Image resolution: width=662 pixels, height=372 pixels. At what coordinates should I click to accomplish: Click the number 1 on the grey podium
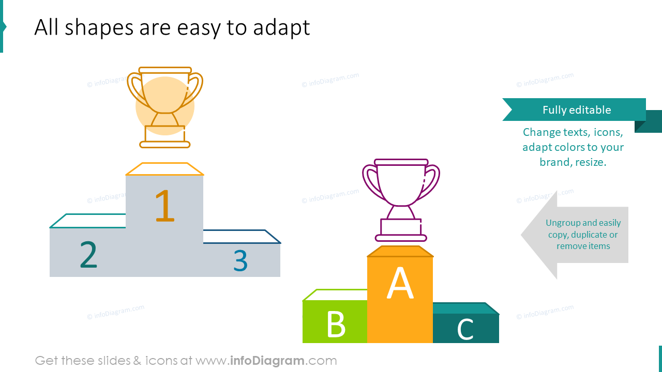pyautogui.click(x=165, y=206)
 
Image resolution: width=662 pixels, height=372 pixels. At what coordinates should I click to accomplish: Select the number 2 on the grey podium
pyautogui.click(x=88, y=254)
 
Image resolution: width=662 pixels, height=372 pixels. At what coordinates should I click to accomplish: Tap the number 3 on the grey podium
pyautogui.click(x=240, y=260)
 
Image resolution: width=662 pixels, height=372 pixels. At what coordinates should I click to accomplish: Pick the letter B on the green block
pyautogui.click(x=336, y=324)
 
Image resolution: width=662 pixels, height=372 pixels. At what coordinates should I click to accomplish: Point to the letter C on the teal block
pyautogui.click(x=465, y=329)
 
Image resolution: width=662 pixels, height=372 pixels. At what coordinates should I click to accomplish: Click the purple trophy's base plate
pyautogui.click(x=401, y=238)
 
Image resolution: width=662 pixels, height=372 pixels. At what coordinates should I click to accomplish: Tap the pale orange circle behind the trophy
pyautogui.click(x=165, y=106)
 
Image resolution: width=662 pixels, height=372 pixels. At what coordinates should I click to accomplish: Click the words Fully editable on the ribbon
pyautogui.click(x=577, y=110)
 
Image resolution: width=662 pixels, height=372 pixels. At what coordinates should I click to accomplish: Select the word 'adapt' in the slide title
pyautogui.click(x=281, y=28)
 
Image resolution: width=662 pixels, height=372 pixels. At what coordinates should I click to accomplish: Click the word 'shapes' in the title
pyautogui.click(x=99, y=28)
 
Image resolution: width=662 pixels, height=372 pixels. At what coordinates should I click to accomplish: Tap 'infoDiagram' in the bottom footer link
pyautogui.click(x=267, y=361)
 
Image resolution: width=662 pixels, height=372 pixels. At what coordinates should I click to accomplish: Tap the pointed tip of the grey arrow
pyautogui.click(x=521, y=235)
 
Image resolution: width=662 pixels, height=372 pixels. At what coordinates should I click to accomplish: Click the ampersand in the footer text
pyautogui.click(x=137, y=361)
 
